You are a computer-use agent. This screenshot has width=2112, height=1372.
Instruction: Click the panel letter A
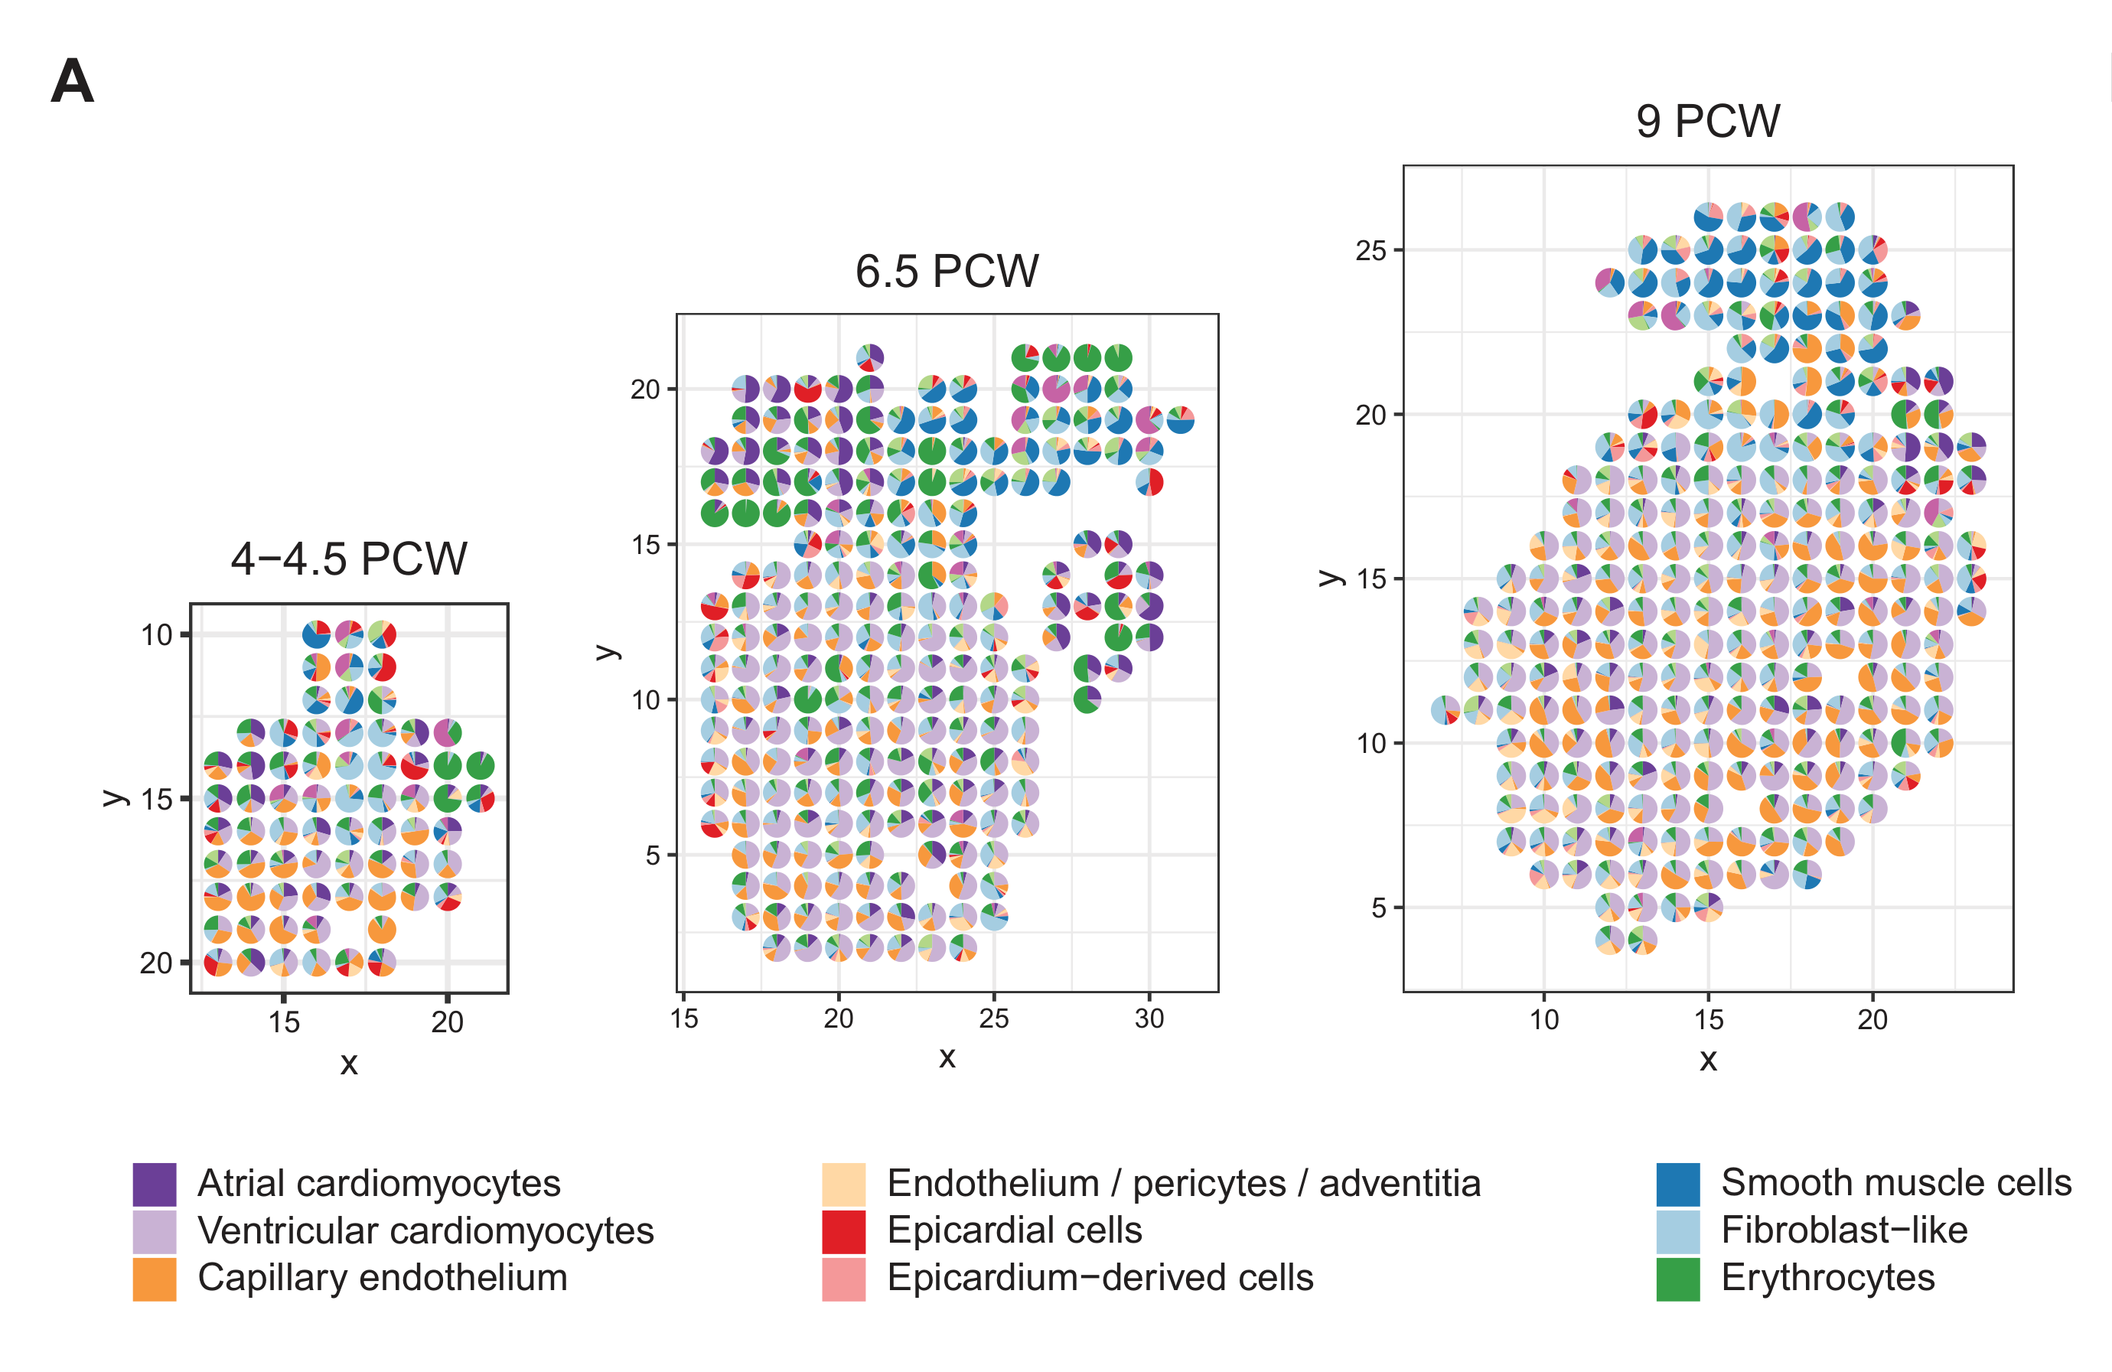(x=72, y=82)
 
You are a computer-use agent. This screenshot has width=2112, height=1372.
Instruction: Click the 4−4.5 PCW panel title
(x=349, y=559)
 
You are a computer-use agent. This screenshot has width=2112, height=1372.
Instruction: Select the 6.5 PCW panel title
(x=947, y=272)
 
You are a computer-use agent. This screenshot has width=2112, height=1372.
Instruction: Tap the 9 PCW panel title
(x=1707, y=122)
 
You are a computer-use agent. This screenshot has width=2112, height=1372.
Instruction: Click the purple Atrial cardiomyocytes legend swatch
(x=155, y=1184)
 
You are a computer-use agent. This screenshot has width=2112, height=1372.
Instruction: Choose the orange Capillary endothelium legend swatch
(x=155, y=1279)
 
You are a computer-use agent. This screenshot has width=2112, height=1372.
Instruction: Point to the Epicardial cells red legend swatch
(x=843, y=1231)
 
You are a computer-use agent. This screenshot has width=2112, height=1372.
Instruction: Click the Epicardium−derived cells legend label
(x=1100, y=1278)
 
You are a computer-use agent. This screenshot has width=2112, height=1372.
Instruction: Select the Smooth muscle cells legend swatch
(x=1677, y=1184)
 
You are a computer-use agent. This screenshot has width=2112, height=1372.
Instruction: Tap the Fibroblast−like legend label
(x=1844, y=1231)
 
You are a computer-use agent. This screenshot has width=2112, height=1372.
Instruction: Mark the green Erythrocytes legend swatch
(x=1677, y=1279)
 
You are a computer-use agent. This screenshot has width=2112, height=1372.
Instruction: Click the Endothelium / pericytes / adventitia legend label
(x=1184, y=1184)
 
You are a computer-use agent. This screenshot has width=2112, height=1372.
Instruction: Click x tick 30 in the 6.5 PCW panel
(x=1149, y=1018)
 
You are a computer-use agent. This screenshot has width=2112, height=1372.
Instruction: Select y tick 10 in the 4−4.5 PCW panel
(x=156, y=635)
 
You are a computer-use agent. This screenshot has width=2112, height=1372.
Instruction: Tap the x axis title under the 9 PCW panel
(x=1708, y=1060)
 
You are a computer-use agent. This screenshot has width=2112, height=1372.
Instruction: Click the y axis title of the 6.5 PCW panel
(x=607, y=652)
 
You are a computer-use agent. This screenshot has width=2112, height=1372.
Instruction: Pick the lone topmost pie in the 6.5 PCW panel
(x=869, y=357)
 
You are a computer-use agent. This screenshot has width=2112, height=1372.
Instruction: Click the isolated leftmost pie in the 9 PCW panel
(x=1445, y=710)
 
